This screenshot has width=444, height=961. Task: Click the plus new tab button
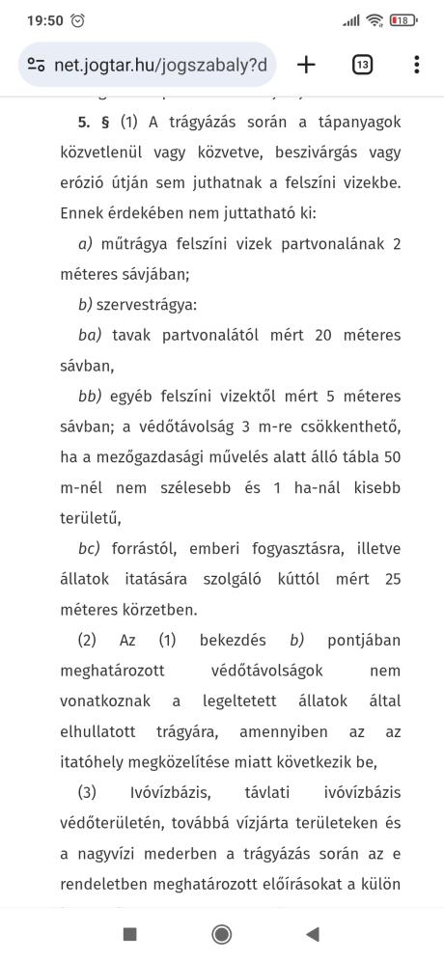tap(306, 65)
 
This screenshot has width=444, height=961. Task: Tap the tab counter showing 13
tap(362, 65)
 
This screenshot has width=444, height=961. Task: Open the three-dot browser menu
tap(416, 65)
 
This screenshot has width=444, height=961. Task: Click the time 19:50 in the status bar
tap(44, 19)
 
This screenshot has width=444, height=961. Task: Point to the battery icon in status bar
tap(404, 19)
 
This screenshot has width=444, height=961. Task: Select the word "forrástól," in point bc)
tap(147, 548)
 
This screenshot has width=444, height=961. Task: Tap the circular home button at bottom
tap(221, 933)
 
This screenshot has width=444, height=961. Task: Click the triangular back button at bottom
tap(312, 933)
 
